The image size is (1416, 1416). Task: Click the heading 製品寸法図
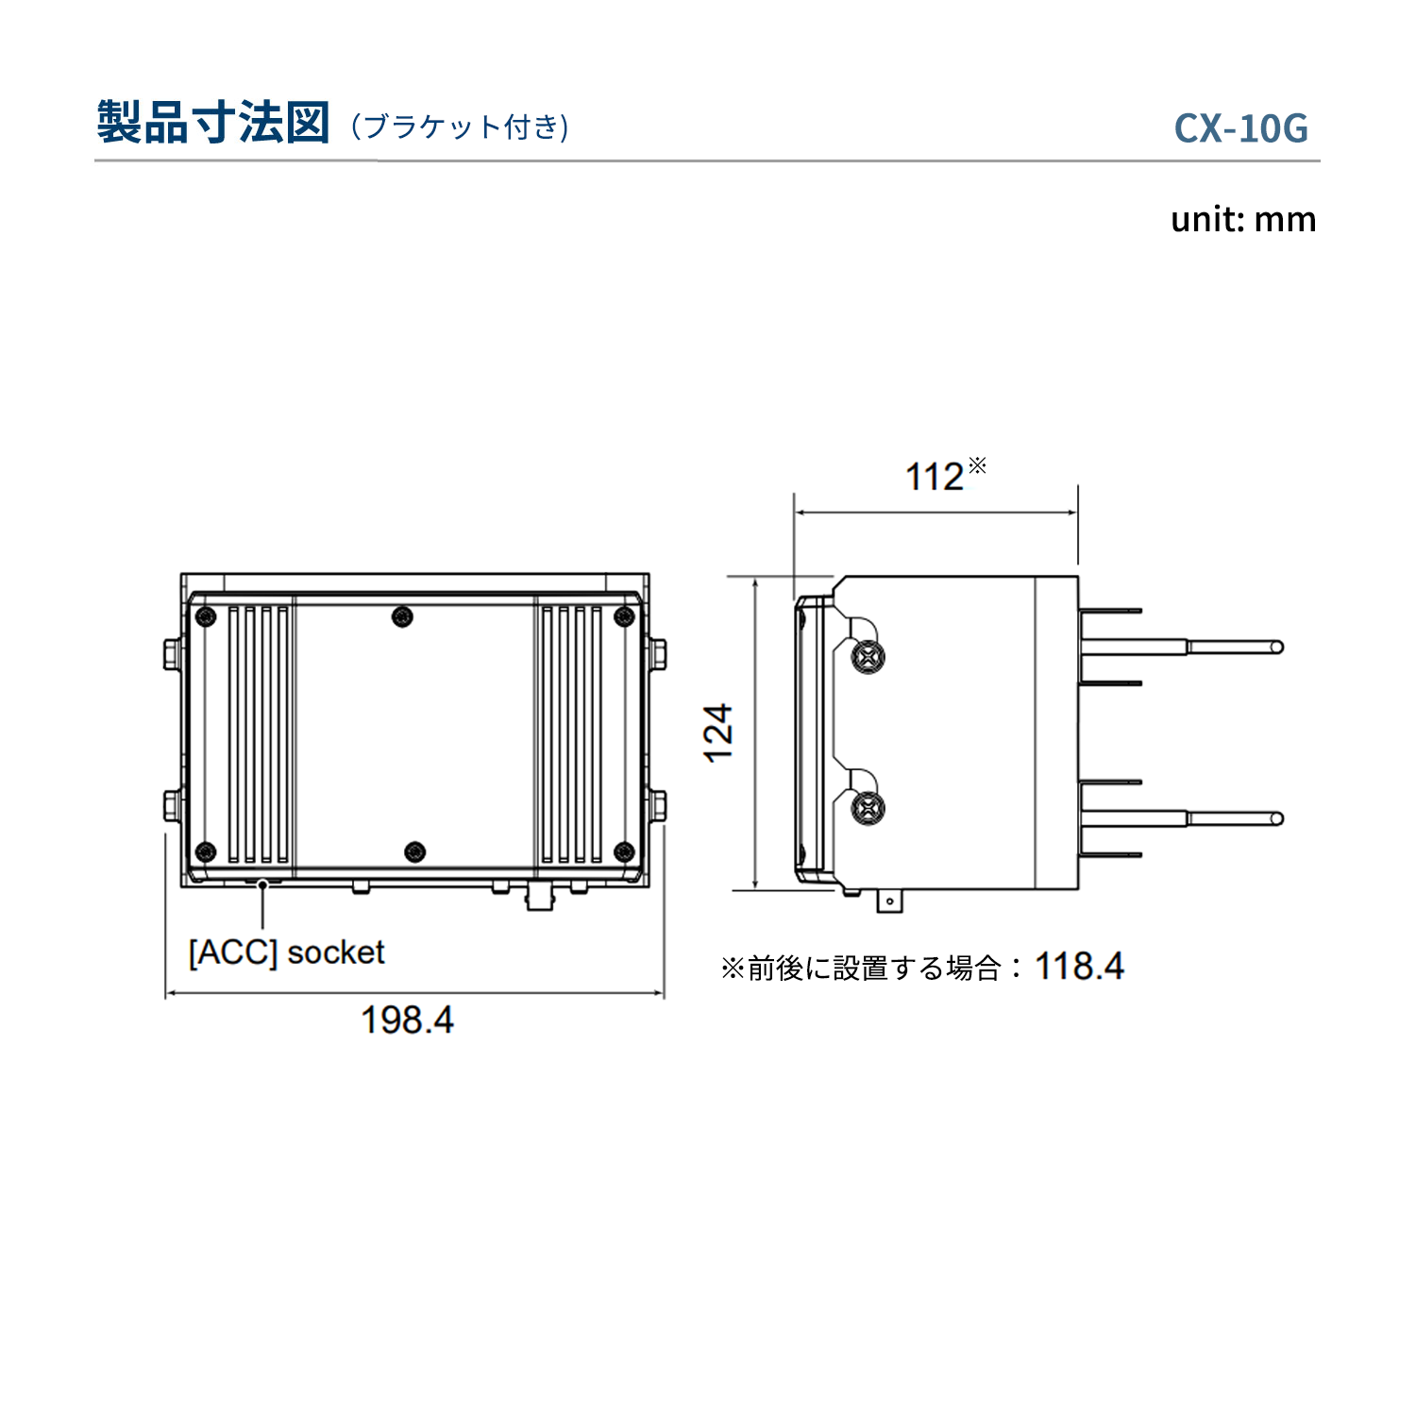point(213,123)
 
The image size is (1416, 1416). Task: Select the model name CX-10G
point(1240,128)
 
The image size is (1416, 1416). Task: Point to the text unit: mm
point(1242,219)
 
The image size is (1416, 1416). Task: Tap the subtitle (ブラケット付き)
point(460,126)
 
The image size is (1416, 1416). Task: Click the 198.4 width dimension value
point(407,1020)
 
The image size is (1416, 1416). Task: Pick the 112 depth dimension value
point(935,477)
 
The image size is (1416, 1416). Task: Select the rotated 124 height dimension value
point(718,733)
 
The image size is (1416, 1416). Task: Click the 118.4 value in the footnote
point(1079,967)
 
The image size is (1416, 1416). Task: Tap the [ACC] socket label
point(286,952)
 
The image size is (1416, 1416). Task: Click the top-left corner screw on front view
point(205,617)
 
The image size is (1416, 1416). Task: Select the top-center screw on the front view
point(402,617)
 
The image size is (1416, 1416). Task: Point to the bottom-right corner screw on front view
point(624,852)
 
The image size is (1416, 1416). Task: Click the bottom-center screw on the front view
point(414,852)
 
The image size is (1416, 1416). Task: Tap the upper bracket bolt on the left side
point(172,653)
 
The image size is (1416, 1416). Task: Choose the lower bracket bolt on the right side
point(657,805)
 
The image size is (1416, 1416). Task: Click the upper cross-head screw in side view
point(868,655)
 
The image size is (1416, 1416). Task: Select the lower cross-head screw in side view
point(868,808)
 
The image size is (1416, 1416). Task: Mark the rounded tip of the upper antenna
point(1276,647)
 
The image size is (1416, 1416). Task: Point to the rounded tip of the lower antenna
point(1276,818)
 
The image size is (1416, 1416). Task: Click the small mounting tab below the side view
point(889,902)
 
